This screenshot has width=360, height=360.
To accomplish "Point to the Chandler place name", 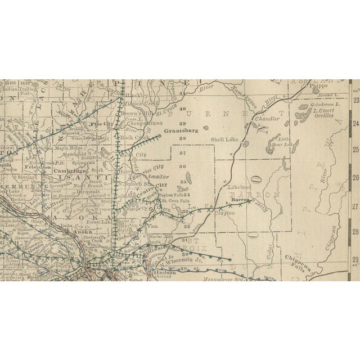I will coord(266,119).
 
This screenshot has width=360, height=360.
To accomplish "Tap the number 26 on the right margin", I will coord(355,177).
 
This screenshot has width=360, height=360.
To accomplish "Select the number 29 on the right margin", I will coord(355,259).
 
